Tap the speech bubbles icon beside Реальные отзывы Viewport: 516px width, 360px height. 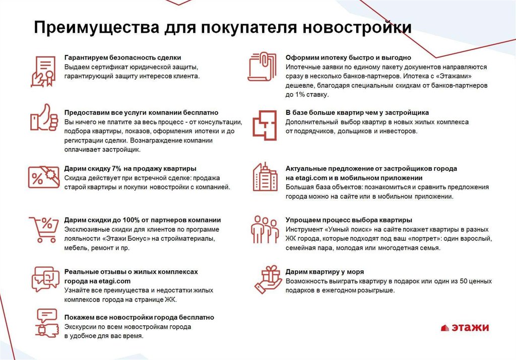click(x=44, y=279)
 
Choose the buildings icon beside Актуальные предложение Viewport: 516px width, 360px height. click(x=264, y=176)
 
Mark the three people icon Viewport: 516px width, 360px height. click(x=265, y=229)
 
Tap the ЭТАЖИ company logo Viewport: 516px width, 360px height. click(x=465, y=328)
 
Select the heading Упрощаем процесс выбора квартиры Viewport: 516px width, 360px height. click(x=349, y=220)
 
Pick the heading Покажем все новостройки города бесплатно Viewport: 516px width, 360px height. click(x=139, y=317)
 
